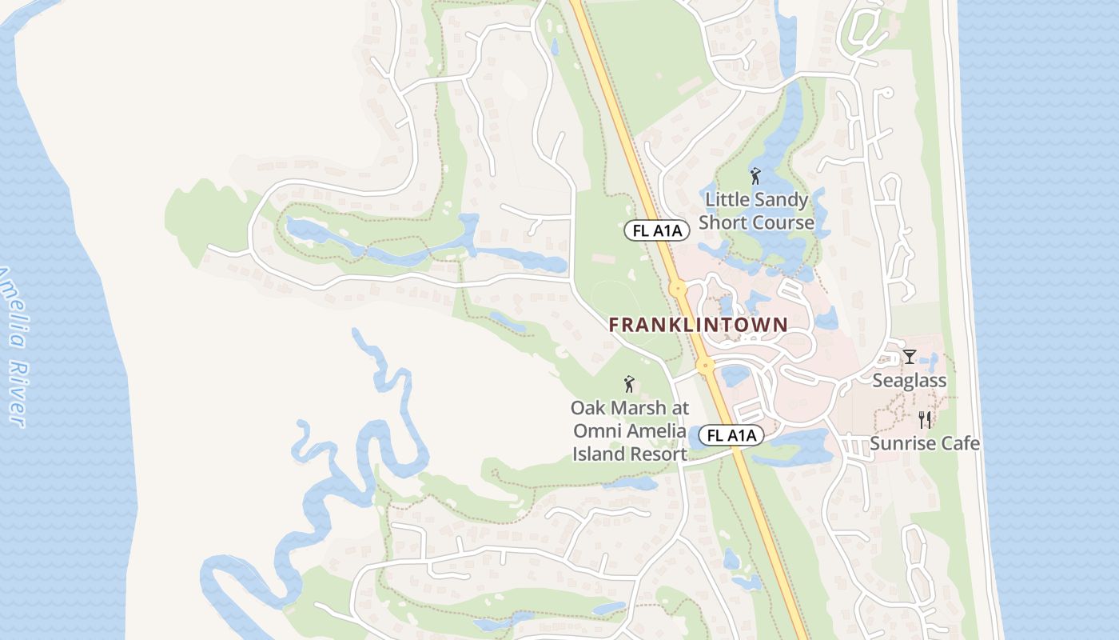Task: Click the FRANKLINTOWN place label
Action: point(698,325)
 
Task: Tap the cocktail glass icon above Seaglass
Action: point(909,356)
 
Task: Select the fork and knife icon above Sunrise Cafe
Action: point(925,419)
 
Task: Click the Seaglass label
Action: point(909,381)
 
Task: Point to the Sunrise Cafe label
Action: point(925,443)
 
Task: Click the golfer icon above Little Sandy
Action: point(755,175)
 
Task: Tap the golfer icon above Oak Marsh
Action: point(629,384)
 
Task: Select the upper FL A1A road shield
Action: point(656,231)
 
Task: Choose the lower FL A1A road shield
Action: point(731,436)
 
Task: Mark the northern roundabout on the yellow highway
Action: point(678,288)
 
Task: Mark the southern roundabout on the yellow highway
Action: point(706,366)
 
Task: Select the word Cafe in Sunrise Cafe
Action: point(960,443)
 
